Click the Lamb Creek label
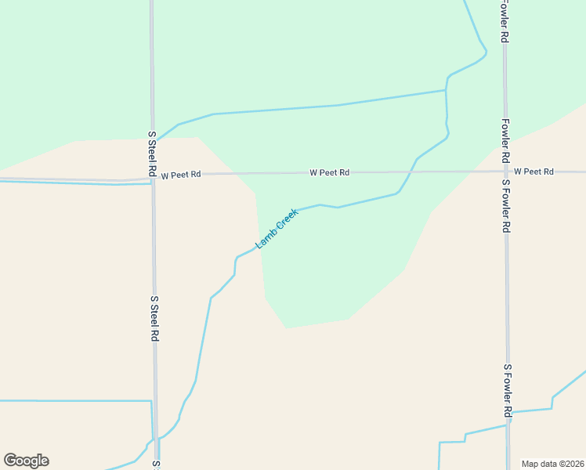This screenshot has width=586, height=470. [x=277, y=228]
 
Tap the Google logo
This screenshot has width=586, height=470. [x=26, y=461]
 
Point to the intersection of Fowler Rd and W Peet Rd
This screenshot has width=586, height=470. [x=506, y=172]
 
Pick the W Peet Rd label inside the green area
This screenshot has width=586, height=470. [x=329, y=172]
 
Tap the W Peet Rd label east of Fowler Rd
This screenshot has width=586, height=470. [x=534, y=172]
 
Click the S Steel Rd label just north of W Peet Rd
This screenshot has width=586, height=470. [x=152, y=154]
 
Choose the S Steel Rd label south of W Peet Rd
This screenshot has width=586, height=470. [x=155, y=318]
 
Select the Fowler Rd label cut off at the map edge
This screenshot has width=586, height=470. [x=505, y=20]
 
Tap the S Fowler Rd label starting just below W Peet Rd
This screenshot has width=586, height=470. [x=507, y=205]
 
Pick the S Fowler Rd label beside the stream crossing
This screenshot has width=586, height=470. [x=508, y=390]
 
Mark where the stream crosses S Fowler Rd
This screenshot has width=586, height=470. [x=508, y=425]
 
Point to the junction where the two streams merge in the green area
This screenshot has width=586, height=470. [x=447, y=91]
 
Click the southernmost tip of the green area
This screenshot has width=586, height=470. [x=288, y=327]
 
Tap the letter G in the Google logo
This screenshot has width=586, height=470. [x=10, y=461]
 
